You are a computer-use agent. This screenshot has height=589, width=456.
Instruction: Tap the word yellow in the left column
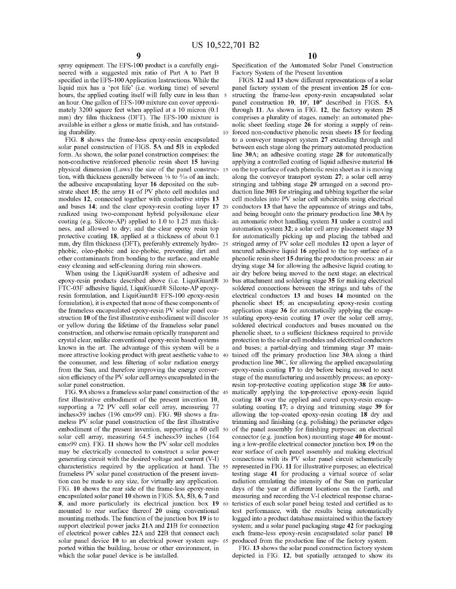click(x=76, y=325)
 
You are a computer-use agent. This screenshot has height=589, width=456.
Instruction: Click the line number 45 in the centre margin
click(x=225, y=392)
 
